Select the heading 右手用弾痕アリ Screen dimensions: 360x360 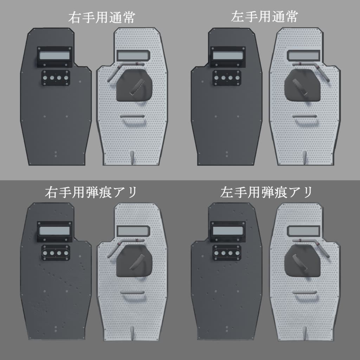[x=91, y=193]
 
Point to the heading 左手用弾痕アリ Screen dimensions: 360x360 [x=266, y=193]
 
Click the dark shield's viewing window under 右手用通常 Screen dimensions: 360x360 [x=55, y=56]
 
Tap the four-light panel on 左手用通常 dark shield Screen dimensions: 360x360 [x=226, y=78]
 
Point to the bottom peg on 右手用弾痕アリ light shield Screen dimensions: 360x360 [x=132, y=332]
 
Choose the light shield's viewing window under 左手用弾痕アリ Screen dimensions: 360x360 [x=303, y=231]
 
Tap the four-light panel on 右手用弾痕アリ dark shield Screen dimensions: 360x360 [x=55, y=253]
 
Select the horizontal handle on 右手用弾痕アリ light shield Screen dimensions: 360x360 [x=132, y=292]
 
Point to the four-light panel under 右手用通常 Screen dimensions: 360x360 [x=55, y=78]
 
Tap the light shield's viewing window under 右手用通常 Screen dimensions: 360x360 [x=133, y=56]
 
